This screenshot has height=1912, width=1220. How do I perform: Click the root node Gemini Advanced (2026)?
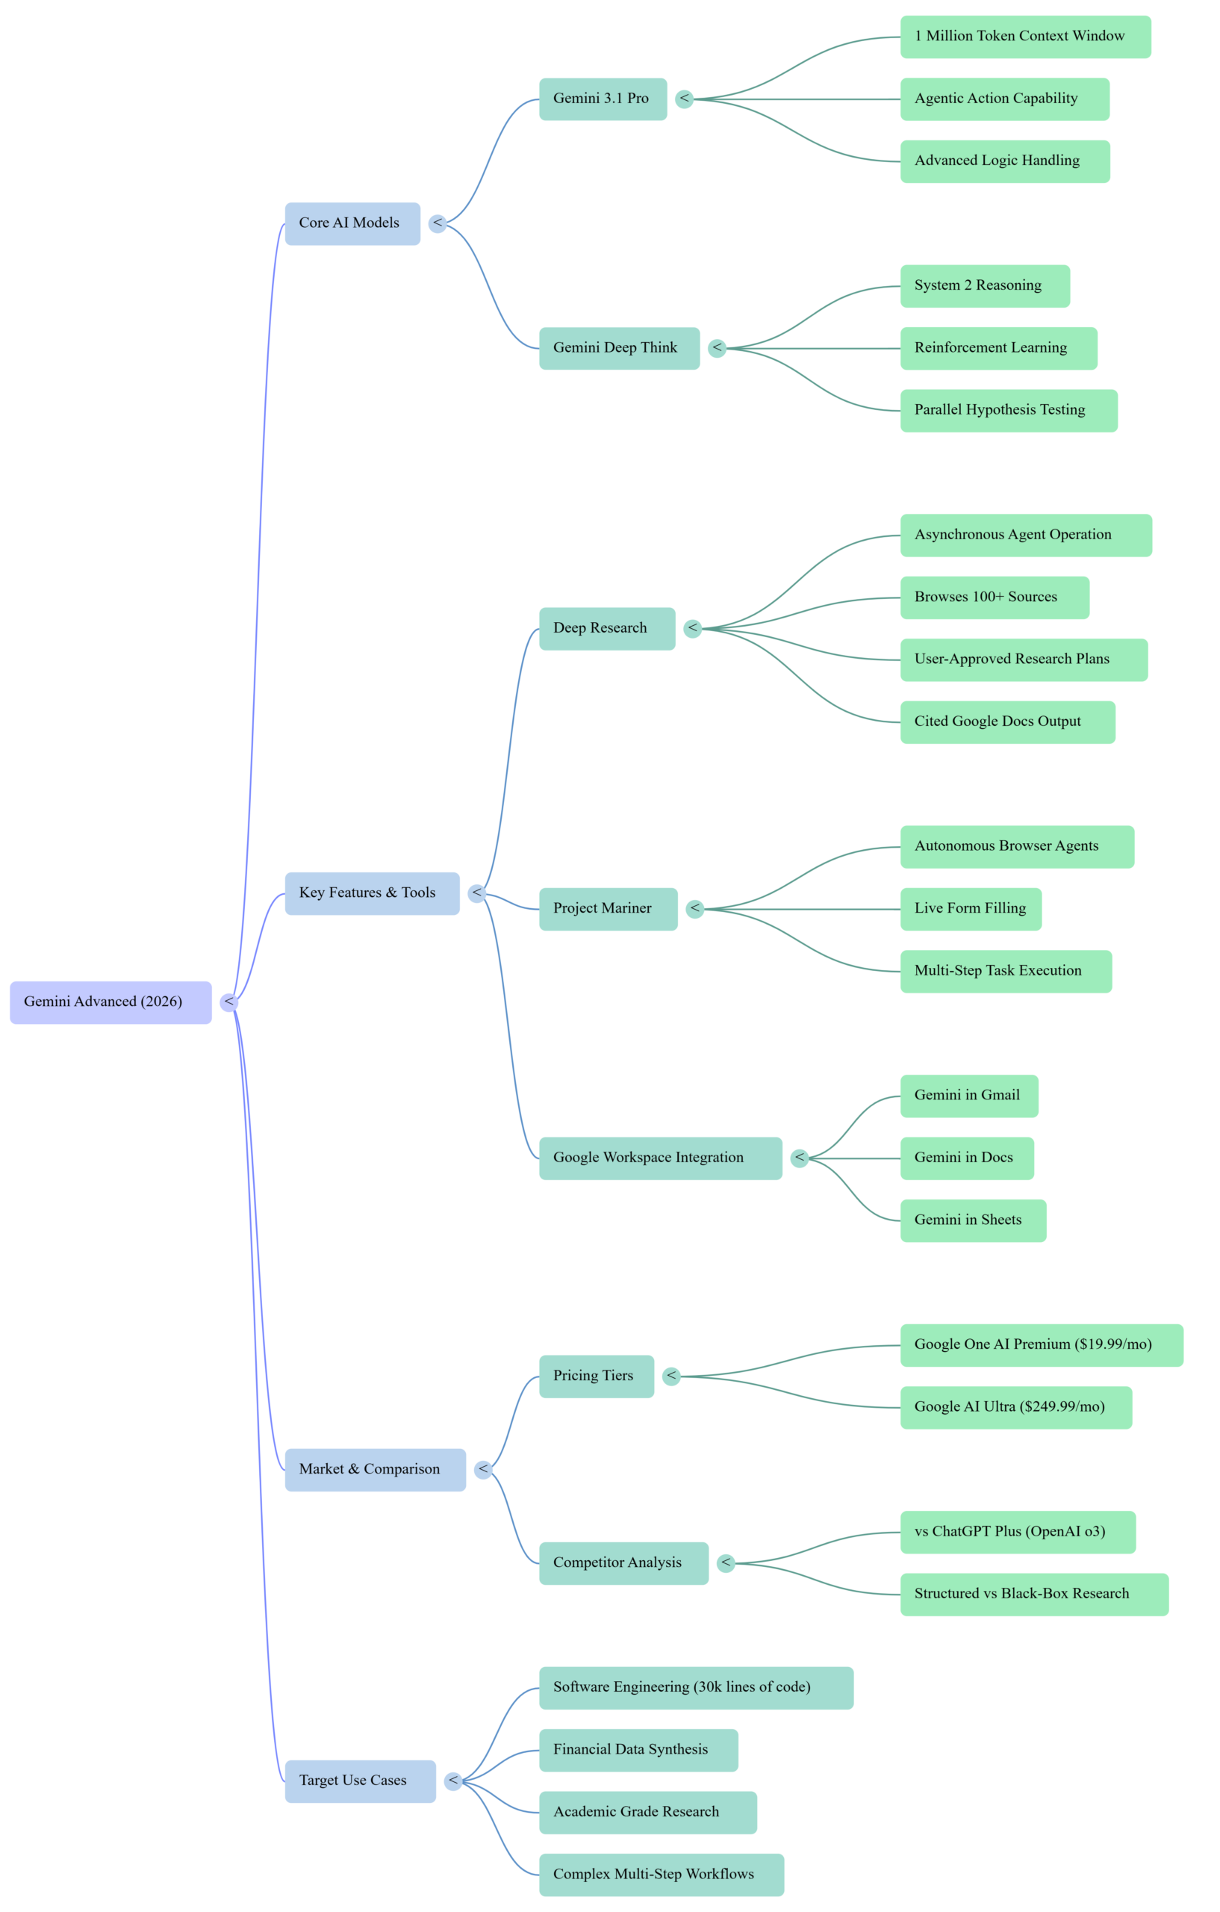tap(111, 1002)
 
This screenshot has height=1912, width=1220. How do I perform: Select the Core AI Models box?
tap(352, 223)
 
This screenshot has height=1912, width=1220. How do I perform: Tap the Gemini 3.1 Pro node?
tap(603, 99)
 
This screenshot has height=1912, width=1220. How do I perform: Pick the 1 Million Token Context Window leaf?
tap(1024, 37)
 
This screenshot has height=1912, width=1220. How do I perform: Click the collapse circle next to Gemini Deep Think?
tap(717, 348)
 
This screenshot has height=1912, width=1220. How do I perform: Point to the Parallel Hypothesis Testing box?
tap(1008, 411)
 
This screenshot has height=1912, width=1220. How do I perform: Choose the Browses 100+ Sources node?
tap(994, 597)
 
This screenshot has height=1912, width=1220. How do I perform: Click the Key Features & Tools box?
tap(372, 893)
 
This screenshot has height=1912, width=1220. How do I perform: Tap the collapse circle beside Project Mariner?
tap(694, 908)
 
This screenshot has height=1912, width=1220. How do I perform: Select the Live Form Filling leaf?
tap(970, 908)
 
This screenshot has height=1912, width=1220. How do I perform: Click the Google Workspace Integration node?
tap(659, 1158)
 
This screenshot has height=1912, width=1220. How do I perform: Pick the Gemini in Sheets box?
tap(972, 1220)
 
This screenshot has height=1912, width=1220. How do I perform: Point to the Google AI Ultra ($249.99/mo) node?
tap(1015, 1407)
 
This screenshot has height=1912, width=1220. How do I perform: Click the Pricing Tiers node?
tap(596, 1376)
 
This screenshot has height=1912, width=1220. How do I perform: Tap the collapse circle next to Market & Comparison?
tap(482, 1469)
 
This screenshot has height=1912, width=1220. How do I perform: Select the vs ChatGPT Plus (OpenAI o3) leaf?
tap(1018, 1532)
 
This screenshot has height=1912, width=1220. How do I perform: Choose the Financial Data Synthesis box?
tap(638, 1749)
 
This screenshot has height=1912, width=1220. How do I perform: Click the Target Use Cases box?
tap(360, 1781)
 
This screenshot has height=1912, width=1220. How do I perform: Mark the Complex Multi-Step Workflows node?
tap(662, 1874)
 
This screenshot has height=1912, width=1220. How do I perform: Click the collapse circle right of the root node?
tap(228, 1002)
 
